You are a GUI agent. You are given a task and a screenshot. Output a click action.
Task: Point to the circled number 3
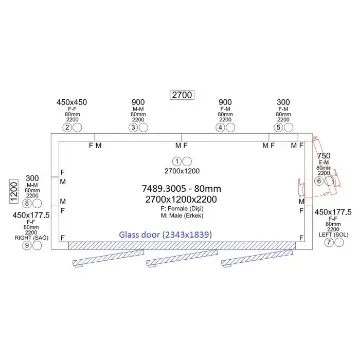point(133,128)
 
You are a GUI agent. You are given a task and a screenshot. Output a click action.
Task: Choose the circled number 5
point(278,128)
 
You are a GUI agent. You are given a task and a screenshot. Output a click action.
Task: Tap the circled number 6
point(318,182)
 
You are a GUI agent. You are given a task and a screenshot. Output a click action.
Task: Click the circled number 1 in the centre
point(177,160)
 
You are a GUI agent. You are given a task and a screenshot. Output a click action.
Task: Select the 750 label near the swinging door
point(323,156)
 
